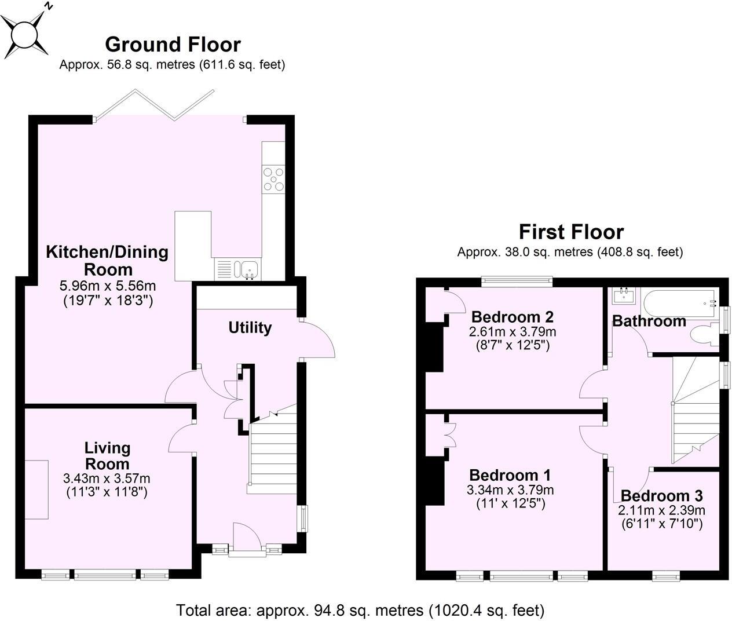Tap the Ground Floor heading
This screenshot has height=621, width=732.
point(173,44)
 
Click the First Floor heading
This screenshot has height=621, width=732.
point(570,232)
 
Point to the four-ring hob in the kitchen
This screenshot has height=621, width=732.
point(273,178)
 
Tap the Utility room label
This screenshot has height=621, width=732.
point(250,328)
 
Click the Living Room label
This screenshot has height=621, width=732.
point(107,455)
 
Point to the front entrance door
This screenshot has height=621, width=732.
point(241,539)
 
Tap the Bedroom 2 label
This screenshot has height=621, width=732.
point(512,317)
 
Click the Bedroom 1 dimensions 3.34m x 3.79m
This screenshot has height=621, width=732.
point(510,490)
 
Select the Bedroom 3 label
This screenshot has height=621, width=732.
point(661,496)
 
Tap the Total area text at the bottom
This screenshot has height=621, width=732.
point(360,610)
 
